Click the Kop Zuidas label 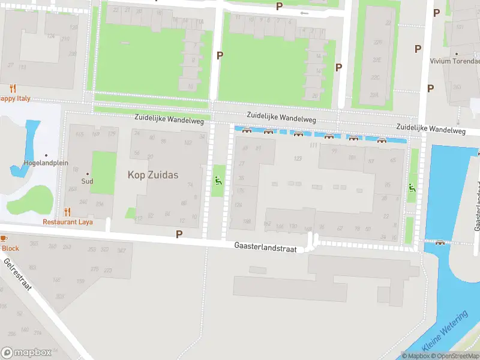tap(153, 175)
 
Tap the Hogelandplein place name tap(46, 163)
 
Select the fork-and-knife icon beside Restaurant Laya tap(67, 212)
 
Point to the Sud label tap(88, 181)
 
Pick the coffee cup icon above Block tap(2, 239)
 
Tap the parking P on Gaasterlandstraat tap(179, 233)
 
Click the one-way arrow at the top tap(304, 13)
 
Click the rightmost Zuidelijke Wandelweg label tap(431, 129)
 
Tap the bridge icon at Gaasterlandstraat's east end tap(440, 242)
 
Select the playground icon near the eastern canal tap(411, 188)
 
